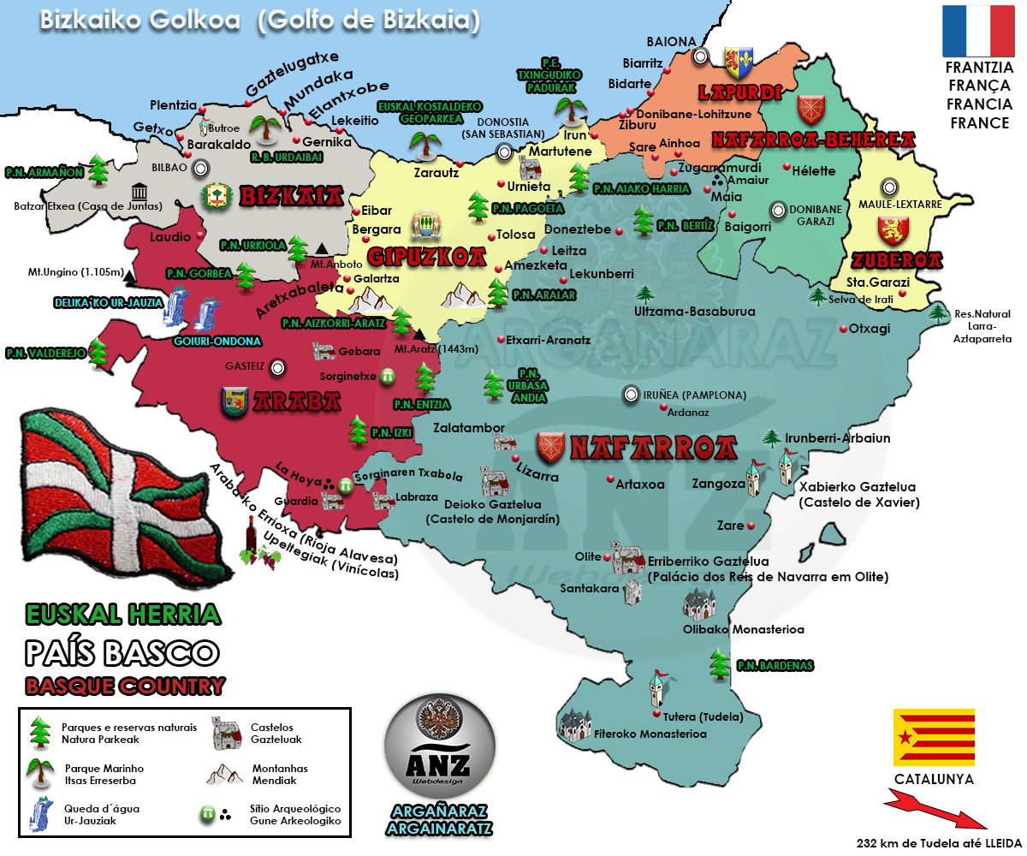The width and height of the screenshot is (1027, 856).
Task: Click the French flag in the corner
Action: point(977,31)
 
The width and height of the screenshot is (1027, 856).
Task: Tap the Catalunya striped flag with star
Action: point(934,736)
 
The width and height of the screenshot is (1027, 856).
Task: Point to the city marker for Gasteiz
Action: point(276,368)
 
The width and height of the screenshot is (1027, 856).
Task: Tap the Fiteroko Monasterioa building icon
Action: point(575,724)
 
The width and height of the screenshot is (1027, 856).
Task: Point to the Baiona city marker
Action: point(701,56)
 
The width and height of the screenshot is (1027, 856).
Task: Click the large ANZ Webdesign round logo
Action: point(439,747)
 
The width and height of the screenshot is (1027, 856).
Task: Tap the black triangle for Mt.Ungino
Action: point(128,279)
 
